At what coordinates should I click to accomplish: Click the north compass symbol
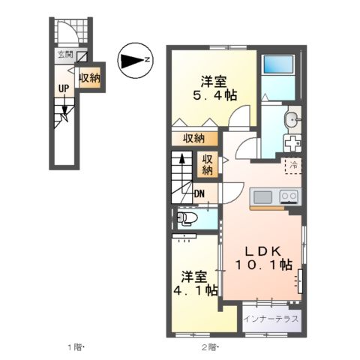click(135, 60)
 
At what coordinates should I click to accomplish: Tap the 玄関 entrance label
click(65, 55)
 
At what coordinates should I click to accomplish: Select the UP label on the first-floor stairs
click(64, 88)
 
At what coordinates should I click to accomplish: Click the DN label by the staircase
click(199, 193)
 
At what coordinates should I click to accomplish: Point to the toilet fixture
click(186, 219)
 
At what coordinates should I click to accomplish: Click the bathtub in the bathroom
click(278, 64)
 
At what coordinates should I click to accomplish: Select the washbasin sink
click(291, 120)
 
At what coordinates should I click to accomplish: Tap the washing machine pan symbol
click(292, 142)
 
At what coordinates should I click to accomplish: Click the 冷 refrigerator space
click(293, 165)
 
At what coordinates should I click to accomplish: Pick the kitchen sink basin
click(262, 197)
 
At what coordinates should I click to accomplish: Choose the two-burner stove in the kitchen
click(289, 196)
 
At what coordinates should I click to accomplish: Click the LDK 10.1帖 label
click(263, 258)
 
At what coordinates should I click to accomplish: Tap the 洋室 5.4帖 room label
click(214, 88)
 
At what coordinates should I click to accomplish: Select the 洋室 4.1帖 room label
click(196, 283)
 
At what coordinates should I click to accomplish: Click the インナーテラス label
click(271, 319)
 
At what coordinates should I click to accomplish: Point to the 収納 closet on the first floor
click(90, 78)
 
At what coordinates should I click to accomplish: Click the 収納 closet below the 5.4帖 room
click(194, 139)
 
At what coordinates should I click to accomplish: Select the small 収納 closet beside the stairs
click(207, 164)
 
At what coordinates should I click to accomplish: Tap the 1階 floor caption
click(75, 347)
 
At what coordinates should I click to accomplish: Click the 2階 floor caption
click(209, 347)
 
